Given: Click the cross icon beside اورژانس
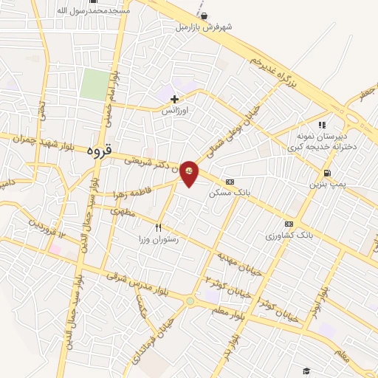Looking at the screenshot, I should [174, 99].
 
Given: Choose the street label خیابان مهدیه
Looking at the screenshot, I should [238, 260].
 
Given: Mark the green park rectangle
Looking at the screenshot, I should [94, 84].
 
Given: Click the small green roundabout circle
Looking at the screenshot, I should [190, 300].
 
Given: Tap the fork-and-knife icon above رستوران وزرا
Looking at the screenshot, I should [158, 227].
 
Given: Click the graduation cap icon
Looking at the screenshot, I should [306, 371].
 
